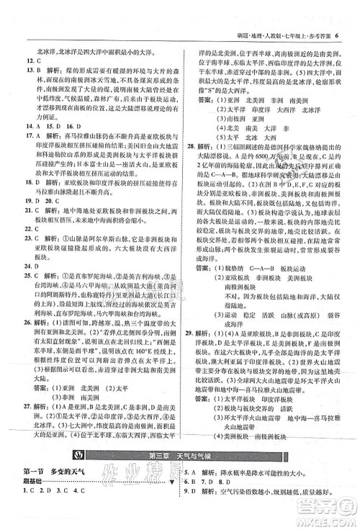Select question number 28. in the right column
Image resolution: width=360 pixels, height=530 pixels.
pyautogui.click(x=190, y=163)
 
